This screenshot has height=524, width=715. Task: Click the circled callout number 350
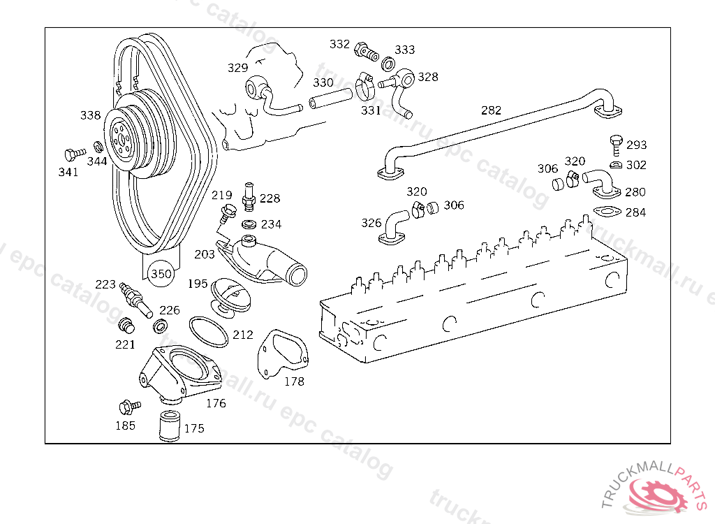[x=161, y=273]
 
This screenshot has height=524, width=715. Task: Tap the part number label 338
[x=90, y=115]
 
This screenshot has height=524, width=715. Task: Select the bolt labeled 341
[x=75, y=154]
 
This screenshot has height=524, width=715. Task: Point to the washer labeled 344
[x=98, y=147]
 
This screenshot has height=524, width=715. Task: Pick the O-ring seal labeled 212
[x=208, y=332]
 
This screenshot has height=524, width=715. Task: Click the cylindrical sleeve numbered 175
[x=170, y=426]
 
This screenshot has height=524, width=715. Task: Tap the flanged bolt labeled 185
[x=129, y=406]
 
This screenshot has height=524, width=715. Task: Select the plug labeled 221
[x=126, y=326]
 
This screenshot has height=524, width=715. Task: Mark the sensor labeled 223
[x=136, y=300]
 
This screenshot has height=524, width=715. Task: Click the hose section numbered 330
[x=330, y=98]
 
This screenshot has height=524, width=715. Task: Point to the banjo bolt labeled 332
[x=366, y=51]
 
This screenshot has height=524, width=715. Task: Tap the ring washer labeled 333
[x=388, y=64]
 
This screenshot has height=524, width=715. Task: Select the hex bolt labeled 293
[x=616, y=145]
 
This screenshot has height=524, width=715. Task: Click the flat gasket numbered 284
[x=607, y=212]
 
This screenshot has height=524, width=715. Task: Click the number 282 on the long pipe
[x=491, y=110]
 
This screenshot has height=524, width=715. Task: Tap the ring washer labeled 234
[x=249, y=224]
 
